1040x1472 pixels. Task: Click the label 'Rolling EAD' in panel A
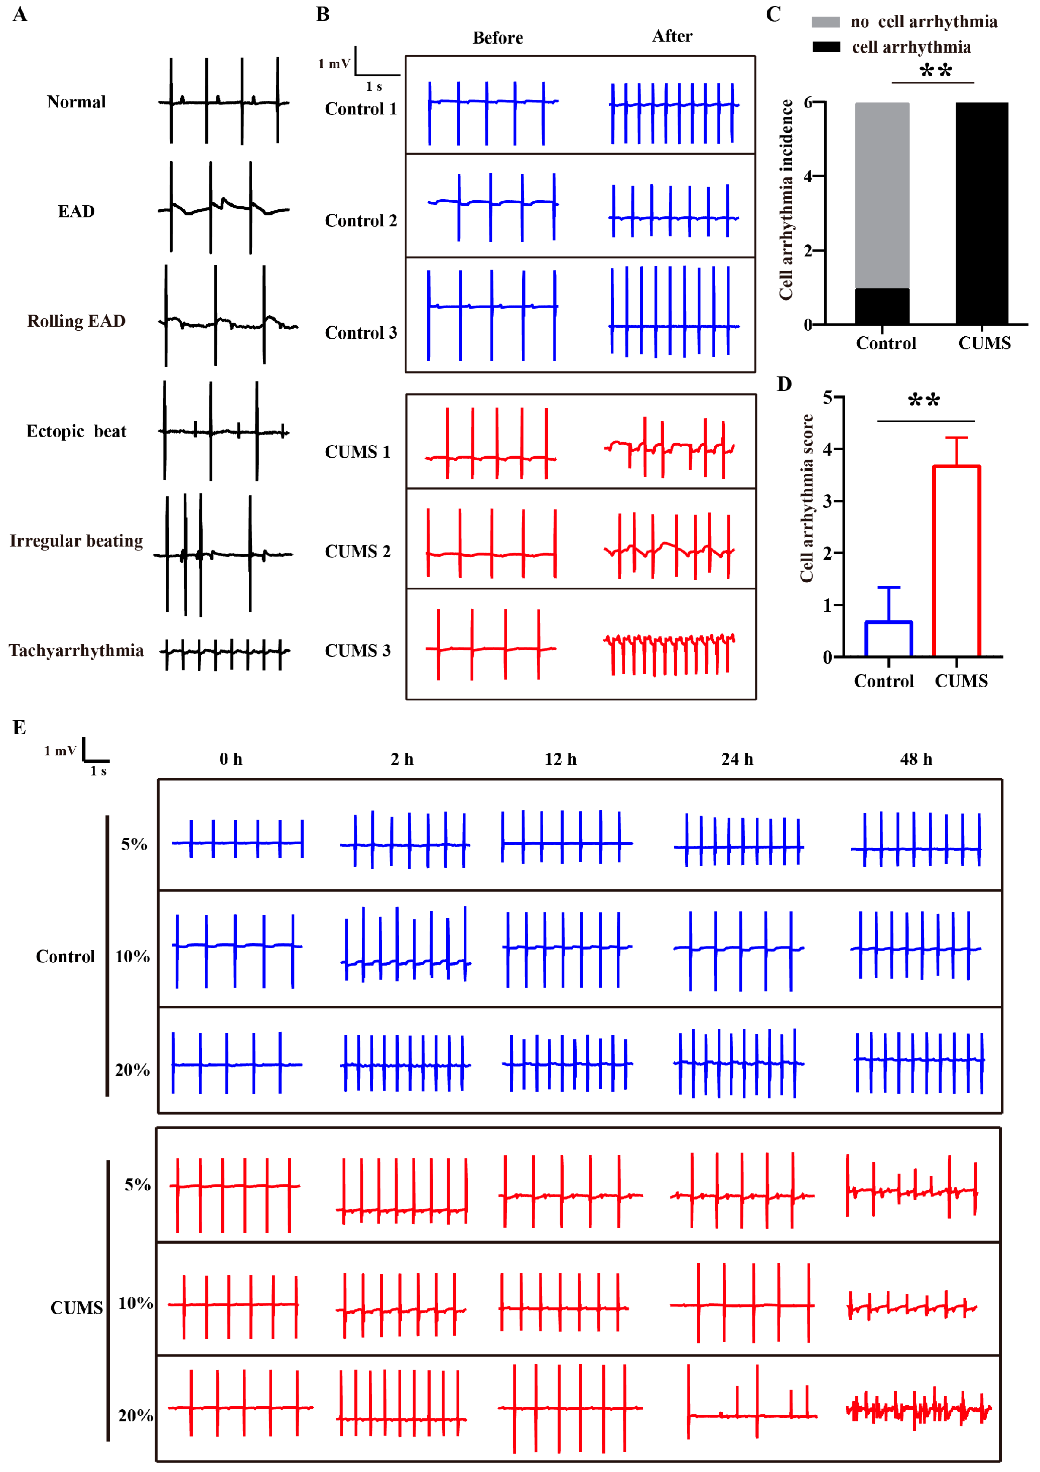(76, 321)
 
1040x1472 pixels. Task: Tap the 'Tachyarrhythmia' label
(76, 651)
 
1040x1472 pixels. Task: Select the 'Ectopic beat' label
(76, 432)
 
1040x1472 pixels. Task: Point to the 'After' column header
(672, 37)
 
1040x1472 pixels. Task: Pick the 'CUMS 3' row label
(357, 651)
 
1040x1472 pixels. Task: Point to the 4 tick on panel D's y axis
(828, 449)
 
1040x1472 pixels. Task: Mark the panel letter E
(19, 728)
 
